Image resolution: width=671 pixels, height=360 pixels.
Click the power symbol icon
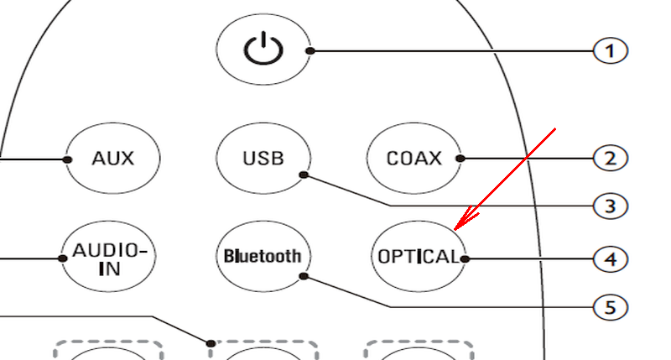[263, 49]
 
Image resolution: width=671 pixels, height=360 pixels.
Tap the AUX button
[113, 159]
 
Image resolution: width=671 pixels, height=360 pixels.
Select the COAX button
[414, 159]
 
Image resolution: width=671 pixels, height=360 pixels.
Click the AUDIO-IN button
[109, 257]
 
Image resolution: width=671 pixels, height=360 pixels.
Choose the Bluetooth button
[263, 257]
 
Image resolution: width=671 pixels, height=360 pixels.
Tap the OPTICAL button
[418, 257]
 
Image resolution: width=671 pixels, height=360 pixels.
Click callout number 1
[611, 51]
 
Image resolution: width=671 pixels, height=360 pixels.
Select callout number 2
[611, 159]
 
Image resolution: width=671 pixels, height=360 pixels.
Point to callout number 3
[611, 206]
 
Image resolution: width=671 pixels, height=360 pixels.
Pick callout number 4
[611, 259]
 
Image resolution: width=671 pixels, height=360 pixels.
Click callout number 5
[611, 307]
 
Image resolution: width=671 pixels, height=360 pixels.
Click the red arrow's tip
[455, 230]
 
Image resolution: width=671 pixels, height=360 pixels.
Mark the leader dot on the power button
[310, 51]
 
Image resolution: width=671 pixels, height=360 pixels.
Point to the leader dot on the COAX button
[460, 159]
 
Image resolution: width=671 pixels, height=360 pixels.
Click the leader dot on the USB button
[304, 175]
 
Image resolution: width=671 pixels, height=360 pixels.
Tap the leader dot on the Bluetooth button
[304, 277]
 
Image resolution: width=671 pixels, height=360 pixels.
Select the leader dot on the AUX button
[67, 159]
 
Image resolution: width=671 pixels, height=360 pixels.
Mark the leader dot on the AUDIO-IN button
[62, 258]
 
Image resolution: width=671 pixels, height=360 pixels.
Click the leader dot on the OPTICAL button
[465, 259]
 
